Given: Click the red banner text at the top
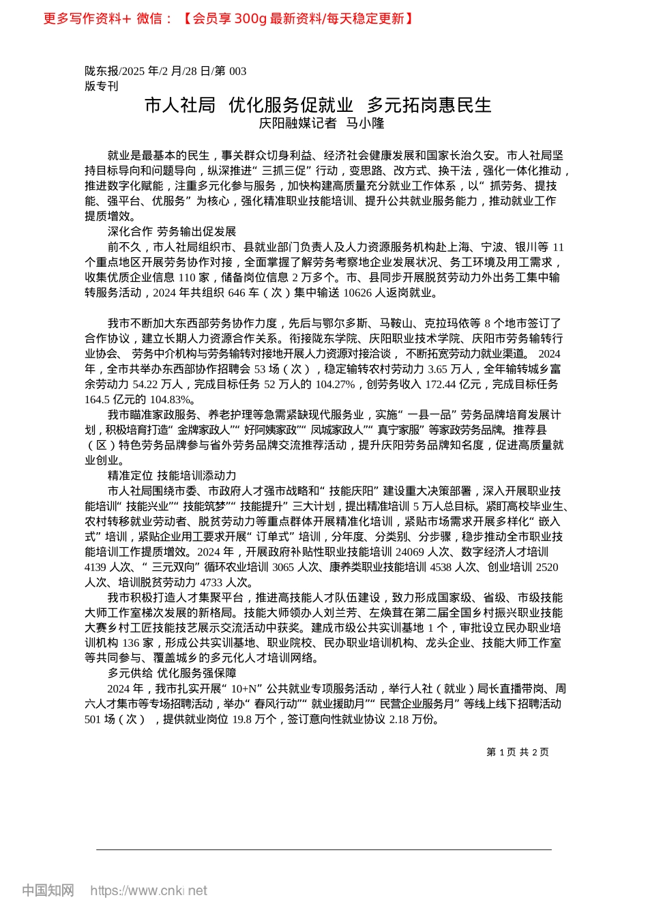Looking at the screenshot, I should (x=229, y=18).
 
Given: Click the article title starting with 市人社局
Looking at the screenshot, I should (x=318, y=105).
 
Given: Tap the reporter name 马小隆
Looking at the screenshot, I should (x=366, y=123).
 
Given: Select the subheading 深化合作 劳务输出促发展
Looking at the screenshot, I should (x=172, y=232).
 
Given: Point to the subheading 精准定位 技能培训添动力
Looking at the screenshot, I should (x=172, y=476).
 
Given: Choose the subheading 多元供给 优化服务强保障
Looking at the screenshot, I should (x=172, y=673).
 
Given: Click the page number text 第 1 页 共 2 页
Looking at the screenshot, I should (x=517, y=752).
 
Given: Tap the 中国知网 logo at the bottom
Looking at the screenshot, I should (x=48, y=890).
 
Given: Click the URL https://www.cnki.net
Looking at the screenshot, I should (x=149, y=890).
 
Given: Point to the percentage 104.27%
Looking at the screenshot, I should (x=335, y=384).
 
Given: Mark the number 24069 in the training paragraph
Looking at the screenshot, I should (x=410, y=552).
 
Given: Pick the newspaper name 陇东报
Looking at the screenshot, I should (x=101, y=71).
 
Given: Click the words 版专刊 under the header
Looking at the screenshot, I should (x=101, y=86).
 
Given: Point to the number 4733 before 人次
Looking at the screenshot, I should (x=213, y=583).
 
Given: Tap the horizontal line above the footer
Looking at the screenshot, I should (x=324, y=849).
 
